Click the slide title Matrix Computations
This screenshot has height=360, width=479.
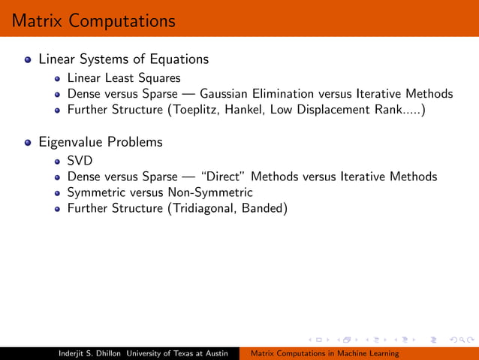89,20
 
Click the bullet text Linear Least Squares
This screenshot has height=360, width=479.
123,77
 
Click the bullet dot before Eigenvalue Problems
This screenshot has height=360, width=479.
29,142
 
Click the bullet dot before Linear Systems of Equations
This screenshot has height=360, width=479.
29,59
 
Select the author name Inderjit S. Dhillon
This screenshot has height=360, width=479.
92,353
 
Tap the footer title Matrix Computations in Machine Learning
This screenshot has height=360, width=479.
324,353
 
